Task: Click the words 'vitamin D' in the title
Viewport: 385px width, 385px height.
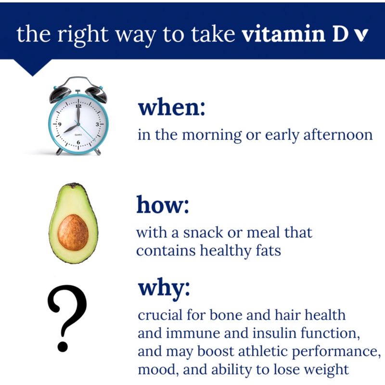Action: click(284, 34)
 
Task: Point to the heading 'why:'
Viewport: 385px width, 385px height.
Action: click(164, 288)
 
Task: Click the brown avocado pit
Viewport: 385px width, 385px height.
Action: click(73, 232)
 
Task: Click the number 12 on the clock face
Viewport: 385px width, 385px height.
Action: click(78, 106)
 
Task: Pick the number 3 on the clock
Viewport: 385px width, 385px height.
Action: click(98, 124)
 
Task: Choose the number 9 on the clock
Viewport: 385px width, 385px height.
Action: click(60, 124)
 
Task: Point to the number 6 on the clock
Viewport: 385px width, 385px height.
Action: click(78, 142)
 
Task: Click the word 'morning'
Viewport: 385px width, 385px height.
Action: click(212, 135)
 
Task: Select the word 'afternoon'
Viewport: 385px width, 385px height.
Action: click(338, 135)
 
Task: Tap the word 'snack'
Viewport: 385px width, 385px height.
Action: click(203, 232)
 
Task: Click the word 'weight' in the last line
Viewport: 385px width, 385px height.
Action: click(328, 370)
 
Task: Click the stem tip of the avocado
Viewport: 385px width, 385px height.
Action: click(73, 185)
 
